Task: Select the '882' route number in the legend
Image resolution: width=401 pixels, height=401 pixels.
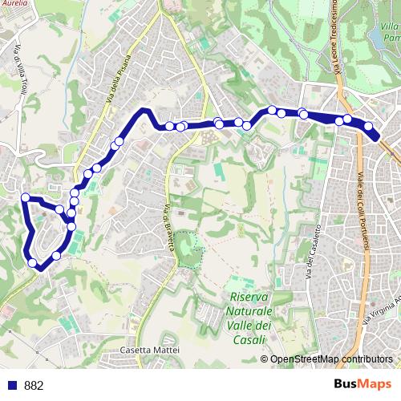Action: pos(34,386)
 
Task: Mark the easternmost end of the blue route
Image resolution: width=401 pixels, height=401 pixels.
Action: pos(376,136)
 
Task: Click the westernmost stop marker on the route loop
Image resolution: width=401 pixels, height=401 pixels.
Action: pos(26,197)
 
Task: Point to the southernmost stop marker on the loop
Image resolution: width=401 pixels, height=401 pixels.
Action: pos(33,262)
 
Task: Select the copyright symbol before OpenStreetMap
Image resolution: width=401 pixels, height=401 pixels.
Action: pos(265,359)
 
